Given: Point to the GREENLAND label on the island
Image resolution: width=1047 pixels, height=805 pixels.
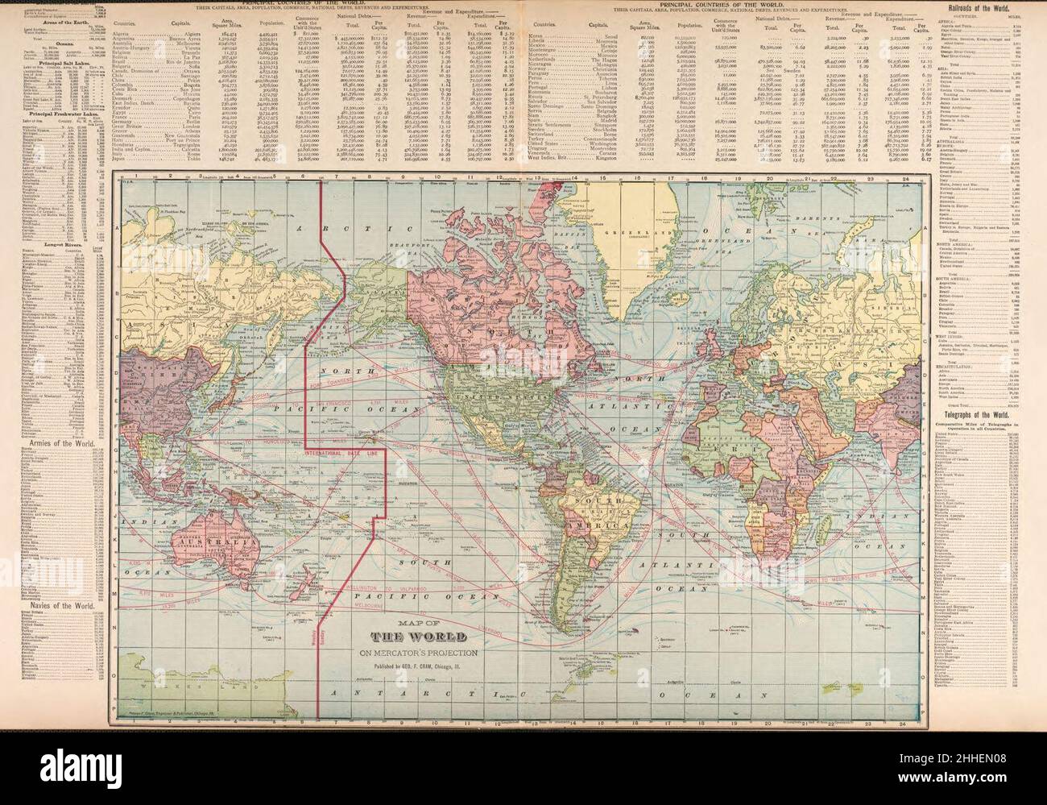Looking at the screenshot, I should [x=598, y=216].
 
